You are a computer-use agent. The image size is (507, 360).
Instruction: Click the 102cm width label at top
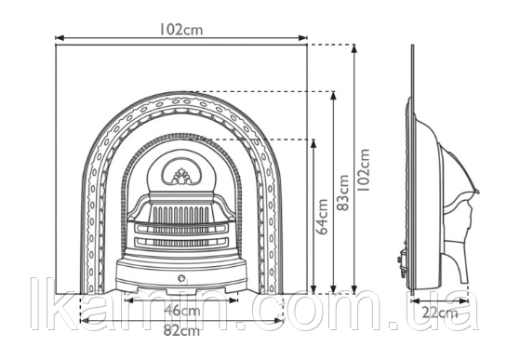tap(181, 30)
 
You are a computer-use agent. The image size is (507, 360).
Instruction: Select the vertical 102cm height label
tap(364, 169)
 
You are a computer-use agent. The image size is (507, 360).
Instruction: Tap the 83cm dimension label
tap(342, 193)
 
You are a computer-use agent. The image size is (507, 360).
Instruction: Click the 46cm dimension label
tap(182, 311)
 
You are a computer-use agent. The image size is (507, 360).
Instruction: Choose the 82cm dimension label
tap(181, 330)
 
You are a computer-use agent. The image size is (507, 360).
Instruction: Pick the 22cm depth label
tap(440, 313)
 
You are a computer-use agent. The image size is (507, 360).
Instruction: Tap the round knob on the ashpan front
tap(181, 278)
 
